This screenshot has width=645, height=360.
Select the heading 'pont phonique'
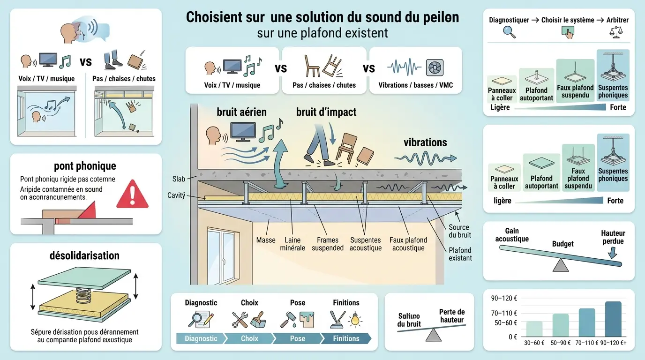pos(85,166)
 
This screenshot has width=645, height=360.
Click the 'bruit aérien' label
pos(241,112)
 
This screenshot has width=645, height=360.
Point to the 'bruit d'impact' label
pos(326,112)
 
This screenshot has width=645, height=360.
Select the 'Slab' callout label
pos(179,179)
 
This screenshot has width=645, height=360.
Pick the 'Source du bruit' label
pos(459,231)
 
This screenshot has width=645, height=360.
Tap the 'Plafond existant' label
pos(460,254)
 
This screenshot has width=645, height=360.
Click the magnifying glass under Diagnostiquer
pos(509,32)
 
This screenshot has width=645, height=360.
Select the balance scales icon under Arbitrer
pos(613,32)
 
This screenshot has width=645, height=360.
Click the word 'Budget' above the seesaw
pos(562,244)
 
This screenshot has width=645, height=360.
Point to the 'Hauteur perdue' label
pos(613,237)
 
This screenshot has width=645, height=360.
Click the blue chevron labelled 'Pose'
pos(297,338)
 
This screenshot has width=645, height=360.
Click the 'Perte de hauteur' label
pos(452,316)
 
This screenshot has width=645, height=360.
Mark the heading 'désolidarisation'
pos(85,256)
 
